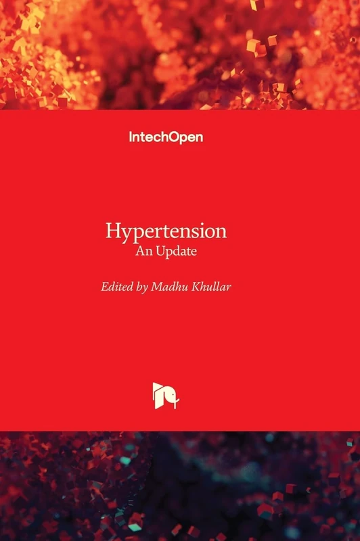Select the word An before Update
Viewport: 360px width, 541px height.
point(144,251)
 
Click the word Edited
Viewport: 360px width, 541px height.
point(116,287)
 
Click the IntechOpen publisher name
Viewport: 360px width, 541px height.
point(166,137)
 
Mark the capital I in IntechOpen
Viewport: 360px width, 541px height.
point(131,137)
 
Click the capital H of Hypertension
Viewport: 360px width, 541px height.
point(113,231)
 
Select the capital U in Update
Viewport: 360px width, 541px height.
point(160,251)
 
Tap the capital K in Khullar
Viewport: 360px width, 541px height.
point(196,287)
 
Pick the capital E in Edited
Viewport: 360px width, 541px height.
point(105,287)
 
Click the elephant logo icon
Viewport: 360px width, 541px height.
point(165,396)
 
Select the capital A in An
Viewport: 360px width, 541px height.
point(140,251)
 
